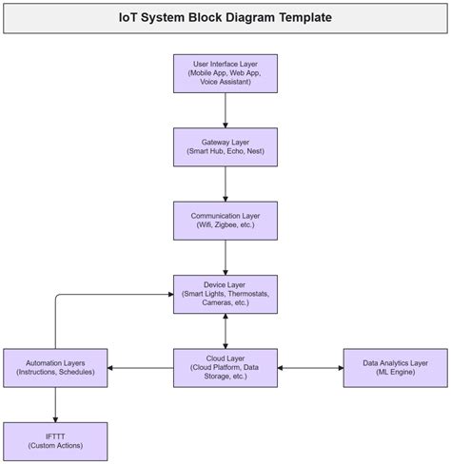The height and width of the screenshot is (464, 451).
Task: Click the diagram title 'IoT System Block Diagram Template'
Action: click(x=225, y=18)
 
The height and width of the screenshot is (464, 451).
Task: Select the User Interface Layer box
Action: click(x=225, y=73)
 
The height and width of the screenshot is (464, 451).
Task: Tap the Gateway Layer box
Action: click(x=225, y=146)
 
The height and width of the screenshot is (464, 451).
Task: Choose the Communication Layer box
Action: click(x=225, y=221)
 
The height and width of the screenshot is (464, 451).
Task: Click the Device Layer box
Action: click(x=225, y=294)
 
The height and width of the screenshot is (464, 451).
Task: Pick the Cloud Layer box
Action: click(x=225, y=367)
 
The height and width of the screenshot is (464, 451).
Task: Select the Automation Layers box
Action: click(x=55, y=367)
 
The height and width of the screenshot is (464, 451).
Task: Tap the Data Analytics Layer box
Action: click(x=395, y=367)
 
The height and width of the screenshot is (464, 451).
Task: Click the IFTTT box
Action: click(x=55, y=440)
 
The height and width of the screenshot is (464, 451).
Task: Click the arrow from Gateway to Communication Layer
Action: click(x=225, y=184)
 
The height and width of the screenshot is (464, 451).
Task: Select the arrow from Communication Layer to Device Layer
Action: click(x=225, y=257)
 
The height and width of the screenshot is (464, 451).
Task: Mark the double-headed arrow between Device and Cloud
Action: click(x=225, y=330)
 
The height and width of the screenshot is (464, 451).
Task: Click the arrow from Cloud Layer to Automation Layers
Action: click(x=140, y=367)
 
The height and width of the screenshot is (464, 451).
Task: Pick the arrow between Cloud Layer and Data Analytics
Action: click(x=310, y=367)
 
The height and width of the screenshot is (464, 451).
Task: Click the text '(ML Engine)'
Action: click(x=395, y=373)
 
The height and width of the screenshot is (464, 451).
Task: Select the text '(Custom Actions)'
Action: click(x=55, y=446)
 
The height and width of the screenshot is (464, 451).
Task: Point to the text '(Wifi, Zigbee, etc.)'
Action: click(x=225, y=226)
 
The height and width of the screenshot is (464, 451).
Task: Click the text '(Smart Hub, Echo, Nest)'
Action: click(x=225, y=152)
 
